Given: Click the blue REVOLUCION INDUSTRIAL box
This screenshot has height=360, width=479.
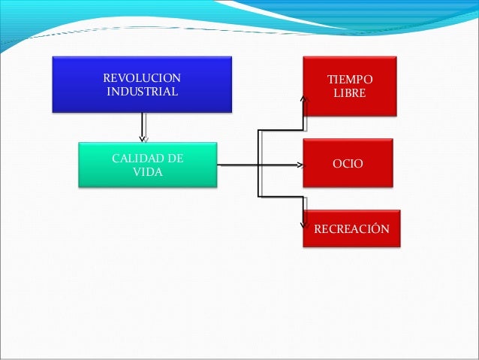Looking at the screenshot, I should point(141,83).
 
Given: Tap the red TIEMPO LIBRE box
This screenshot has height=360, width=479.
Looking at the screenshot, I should point(348,86).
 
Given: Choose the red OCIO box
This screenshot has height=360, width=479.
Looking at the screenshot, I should point(348,162).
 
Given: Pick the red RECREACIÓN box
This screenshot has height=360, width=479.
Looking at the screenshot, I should point(351,228).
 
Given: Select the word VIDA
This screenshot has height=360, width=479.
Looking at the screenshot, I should point(147,172).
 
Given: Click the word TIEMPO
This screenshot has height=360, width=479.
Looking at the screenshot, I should point(349,80).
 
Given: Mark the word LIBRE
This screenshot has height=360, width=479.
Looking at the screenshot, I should point(349,94).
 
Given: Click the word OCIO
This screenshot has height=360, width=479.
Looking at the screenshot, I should point(348,162).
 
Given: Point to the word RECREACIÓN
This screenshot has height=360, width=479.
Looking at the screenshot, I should point(351,228).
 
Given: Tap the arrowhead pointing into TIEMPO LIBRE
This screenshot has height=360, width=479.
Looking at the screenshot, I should point(304,97).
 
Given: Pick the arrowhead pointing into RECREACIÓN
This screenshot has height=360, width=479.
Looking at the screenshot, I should point(304,223).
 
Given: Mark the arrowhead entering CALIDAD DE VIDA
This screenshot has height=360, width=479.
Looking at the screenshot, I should point(143,138).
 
